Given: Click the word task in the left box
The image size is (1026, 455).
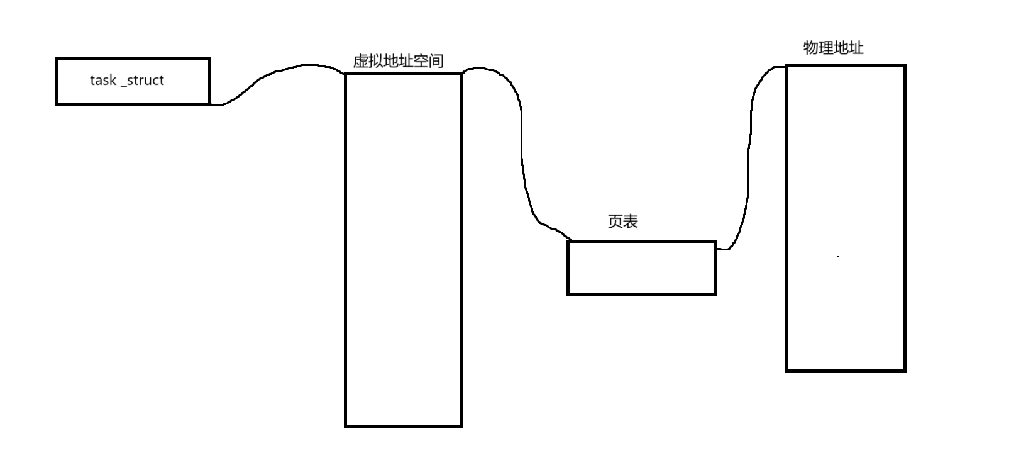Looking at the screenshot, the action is coord(102,81).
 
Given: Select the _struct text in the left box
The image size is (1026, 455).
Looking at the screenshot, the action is coord(142,81).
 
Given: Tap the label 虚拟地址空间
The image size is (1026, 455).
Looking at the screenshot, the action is coord(398,61).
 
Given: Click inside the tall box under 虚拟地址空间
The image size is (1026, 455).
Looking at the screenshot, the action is coord(403,252).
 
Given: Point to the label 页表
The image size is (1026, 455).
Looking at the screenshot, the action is coord(623,222).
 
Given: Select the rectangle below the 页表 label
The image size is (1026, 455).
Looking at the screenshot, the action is coord(641,267).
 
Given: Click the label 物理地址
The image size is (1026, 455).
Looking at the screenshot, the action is coord(833,48).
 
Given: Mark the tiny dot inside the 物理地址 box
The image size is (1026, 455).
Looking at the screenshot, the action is coord(838,257).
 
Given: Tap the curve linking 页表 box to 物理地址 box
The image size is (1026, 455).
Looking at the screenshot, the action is coord(749,157).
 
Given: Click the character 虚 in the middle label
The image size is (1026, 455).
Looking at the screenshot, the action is coord(360,61).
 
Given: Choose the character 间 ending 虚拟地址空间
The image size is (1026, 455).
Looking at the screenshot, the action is coord(436,61).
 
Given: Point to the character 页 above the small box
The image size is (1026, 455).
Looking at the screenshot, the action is coord(615,222).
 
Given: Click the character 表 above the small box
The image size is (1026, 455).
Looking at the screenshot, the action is coord(631,222).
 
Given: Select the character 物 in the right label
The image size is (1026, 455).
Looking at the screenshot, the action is coord(811,48).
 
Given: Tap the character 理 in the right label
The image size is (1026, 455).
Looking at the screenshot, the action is coord(825,48).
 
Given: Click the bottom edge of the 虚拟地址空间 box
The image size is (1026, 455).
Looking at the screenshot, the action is coord(403,426).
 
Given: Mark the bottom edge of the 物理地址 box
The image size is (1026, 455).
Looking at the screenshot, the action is coord(846,370).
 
